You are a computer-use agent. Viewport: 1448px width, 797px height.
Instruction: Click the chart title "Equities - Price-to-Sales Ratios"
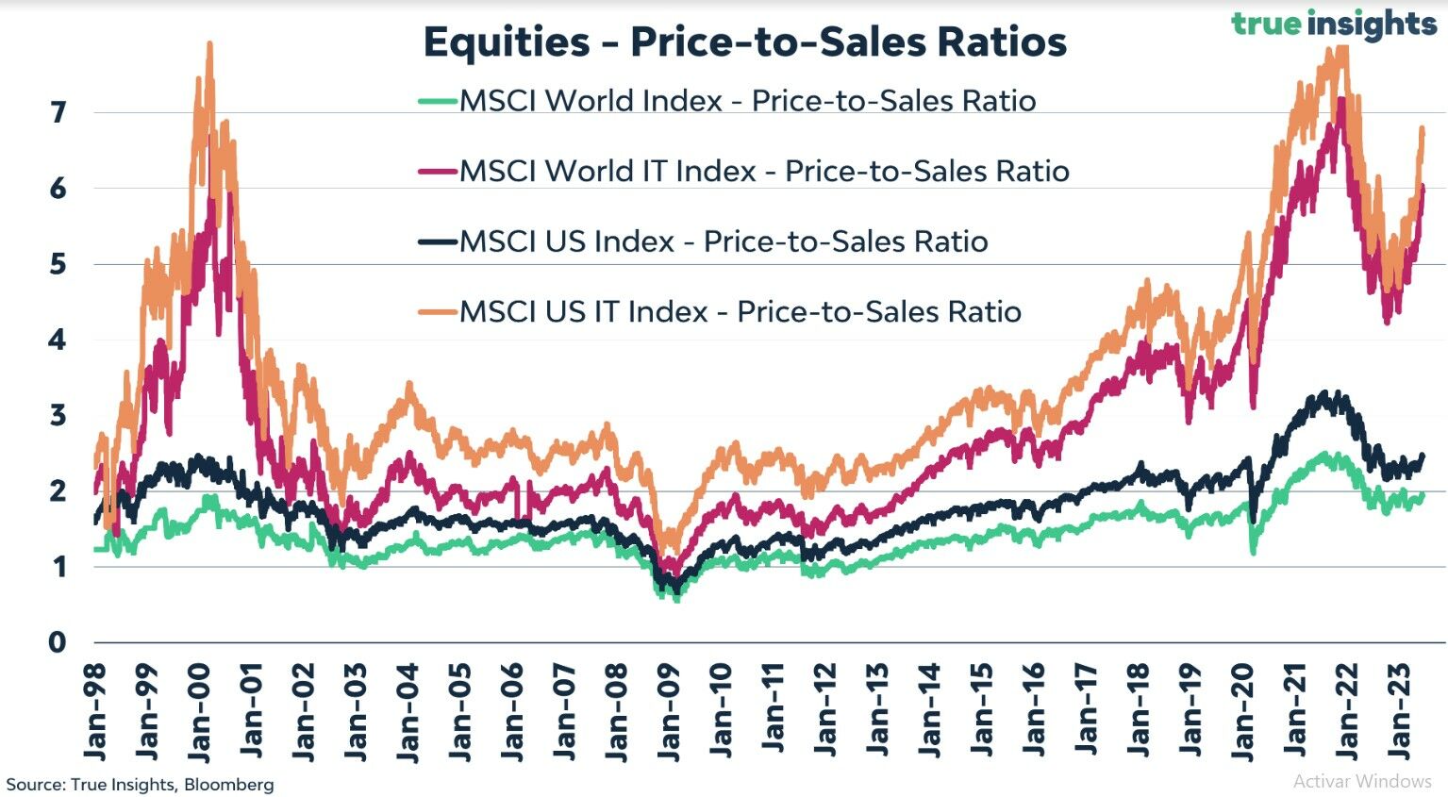click(x=744, y=42)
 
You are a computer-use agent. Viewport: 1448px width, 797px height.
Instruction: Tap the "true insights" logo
click(x=1334, y=23)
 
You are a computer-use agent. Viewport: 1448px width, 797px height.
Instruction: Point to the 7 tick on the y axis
click(x=58, y=113)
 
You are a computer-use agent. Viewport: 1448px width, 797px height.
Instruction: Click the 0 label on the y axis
click(x=58, y=642)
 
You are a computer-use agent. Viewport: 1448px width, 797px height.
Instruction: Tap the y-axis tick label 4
click(x=58, y=340)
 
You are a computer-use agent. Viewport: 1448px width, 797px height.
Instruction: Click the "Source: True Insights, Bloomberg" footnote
click(x=141, y=785)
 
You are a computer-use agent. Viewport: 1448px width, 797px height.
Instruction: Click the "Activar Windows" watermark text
click(x=1361, y=781)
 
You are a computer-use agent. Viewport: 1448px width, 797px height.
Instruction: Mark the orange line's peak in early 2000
click(x=209, y=43)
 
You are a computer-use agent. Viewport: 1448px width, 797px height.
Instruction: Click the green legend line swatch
click(x=437, y=101)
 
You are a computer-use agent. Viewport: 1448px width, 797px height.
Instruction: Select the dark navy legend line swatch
click(x=437, y=241)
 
